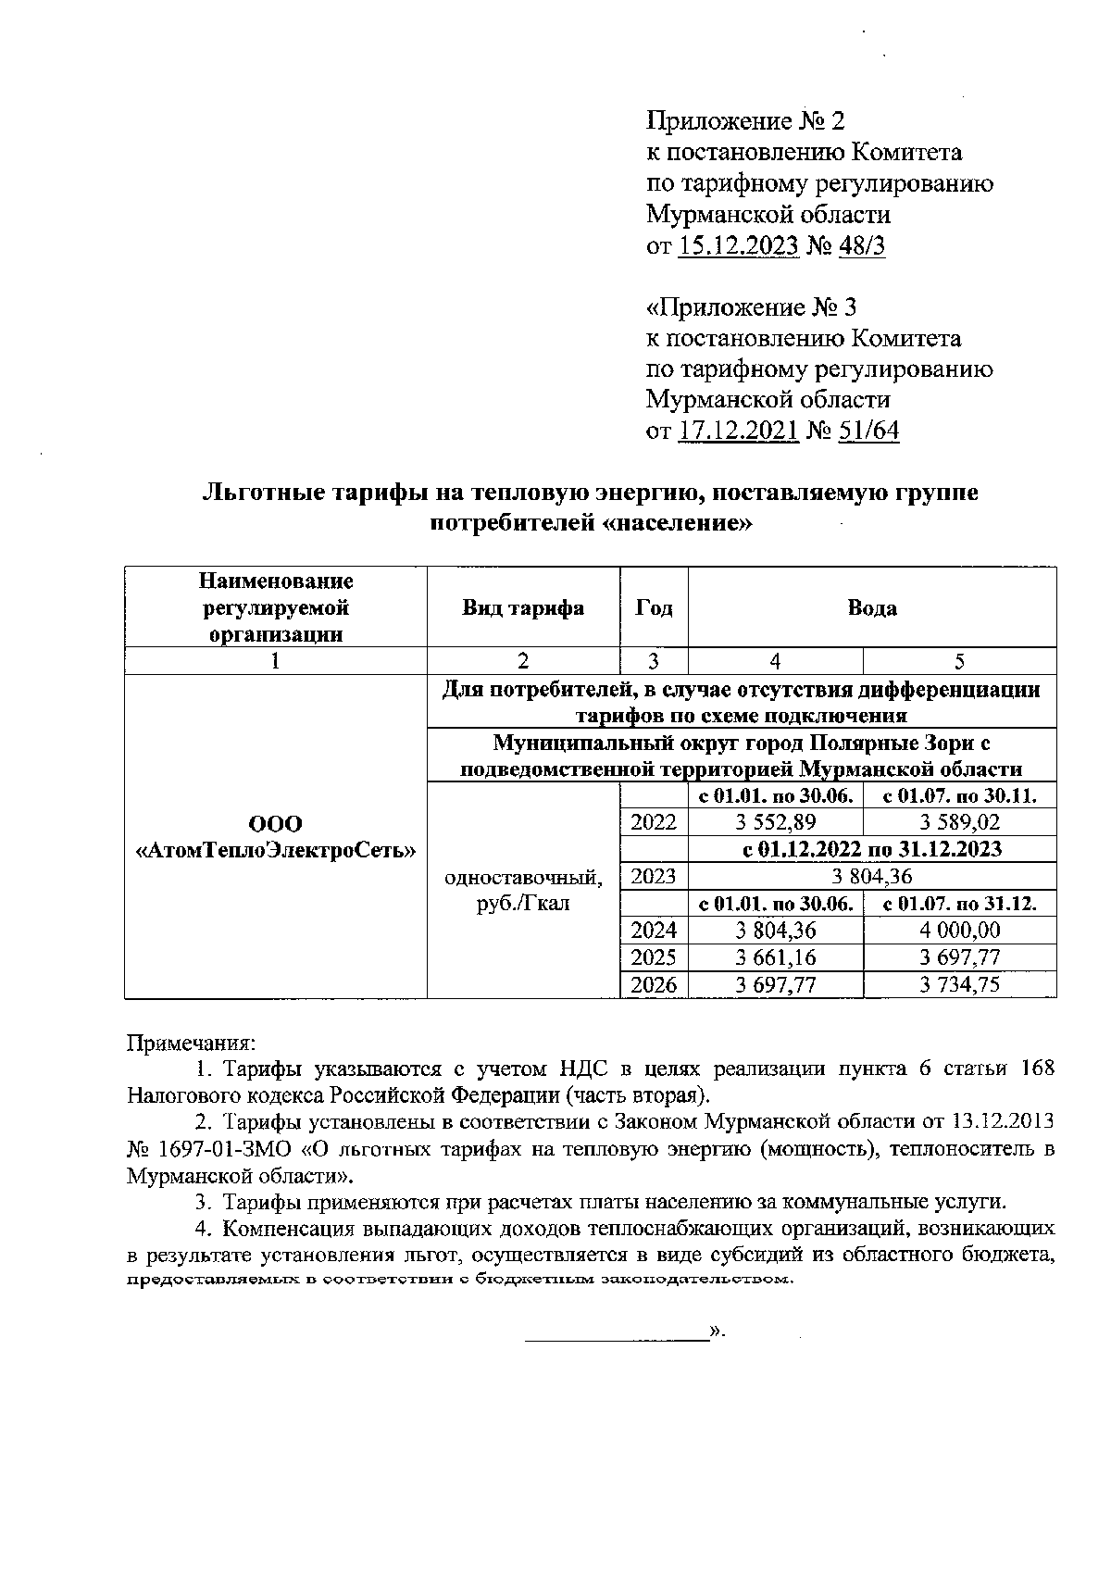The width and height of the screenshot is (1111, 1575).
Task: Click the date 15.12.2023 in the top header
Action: pos(739,246)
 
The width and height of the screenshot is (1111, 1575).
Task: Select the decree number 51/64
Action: pos(868,431)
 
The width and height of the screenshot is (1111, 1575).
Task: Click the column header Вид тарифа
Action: pos(523,608)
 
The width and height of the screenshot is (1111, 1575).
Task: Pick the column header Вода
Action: pos(872,608)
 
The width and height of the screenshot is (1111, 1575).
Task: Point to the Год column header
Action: pos(654,608)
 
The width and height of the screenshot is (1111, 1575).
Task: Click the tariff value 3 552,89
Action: pos(775,822)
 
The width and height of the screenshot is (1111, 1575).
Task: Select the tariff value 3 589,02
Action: pos(959,822)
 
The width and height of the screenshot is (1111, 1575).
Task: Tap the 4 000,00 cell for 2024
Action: pos(959,931)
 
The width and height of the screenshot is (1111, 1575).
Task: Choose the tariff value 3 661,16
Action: pos(775,957)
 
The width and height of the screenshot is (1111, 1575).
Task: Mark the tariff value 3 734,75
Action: pos(959,985)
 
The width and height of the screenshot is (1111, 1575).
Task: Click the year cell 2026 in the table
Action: pos(654,985)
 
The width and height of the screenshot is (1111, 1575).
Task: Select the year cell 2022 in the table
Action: pos(654,822)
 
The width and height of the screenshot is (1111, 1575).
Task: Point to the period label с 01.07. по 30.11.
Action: pos(959,795)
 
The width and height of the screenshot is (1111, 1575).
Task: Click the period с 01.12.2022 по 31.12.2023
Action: pos(872,849)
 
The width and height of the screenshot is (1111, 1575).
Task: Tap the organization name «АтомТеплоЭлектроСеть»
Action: pos(276,850)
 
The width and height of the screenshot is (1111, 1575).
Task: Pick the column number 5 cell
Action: pos(959,660)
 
